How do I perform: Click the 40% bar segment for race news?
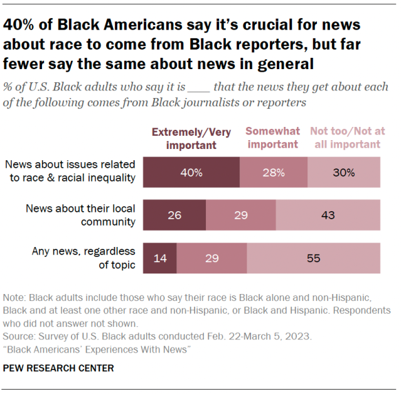pos(191,172)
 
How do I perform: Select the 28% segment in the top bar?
pos(274,172)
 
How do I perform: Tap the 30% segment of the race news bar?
pos(344,172)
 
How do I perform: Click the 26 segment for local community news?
pos(174,215)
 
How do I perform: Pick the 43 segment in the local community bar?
pos(328,215)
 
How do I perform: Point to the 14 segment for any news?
pos(160,258)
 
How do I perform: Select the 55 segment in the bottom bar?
pos(313,258)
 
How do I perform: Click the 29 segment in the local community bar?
pos(241,215)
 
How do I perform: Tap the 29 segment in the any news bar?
pos(211,258)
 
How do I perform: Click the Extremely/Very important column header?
pos(191,138)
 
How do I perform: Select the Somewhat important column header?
pos(272,138)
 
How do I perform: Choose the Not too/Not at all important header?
pos(345,138)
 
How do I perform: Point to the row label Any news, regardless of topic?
pos(83,258)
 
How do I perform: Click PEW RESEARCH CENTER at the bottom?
pos(58,368)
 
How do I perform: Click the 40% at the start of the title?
pos(20,25)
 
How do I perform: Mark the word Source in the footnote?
pos(19,336)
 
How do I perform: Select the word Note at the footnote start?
pos(15,297)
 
